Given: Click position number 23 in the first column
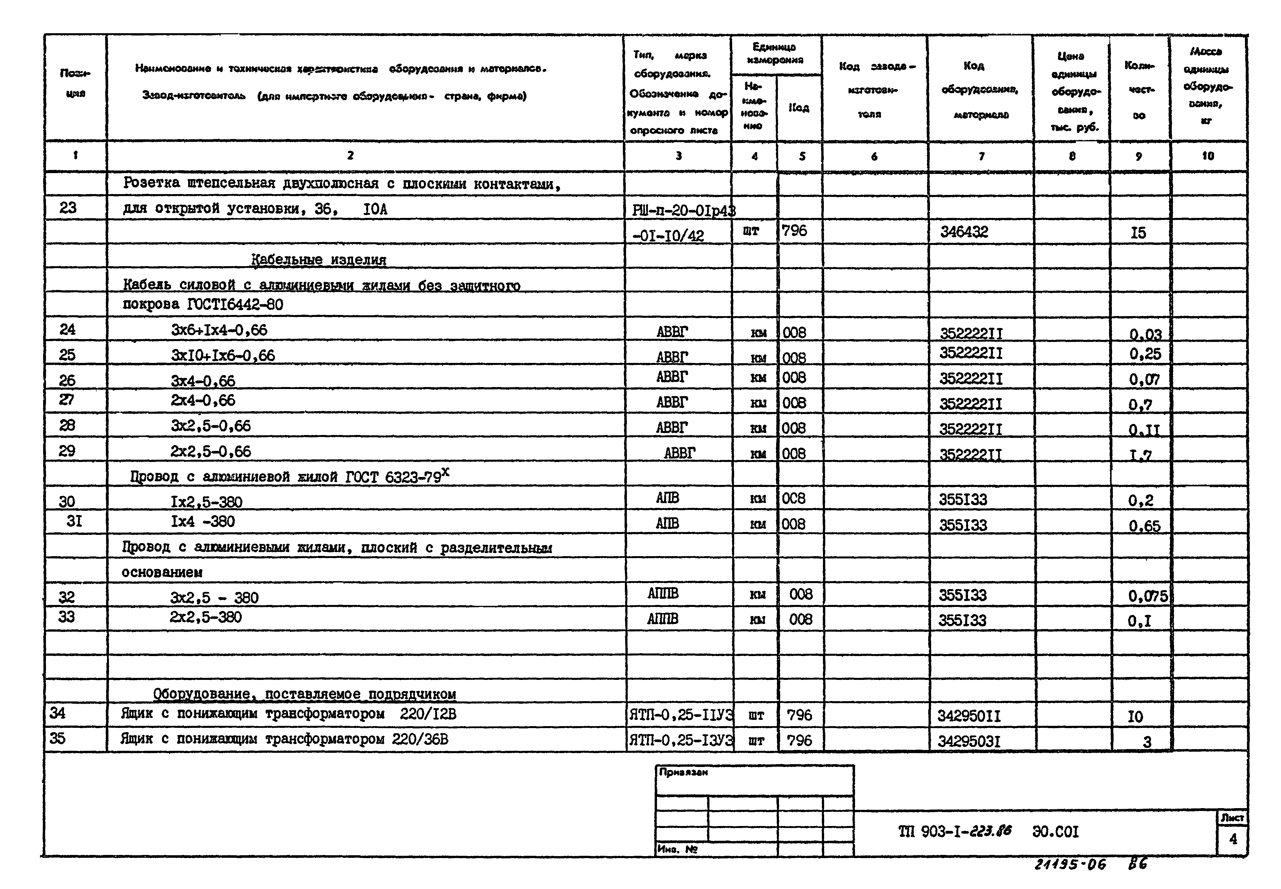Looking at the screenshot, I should click(x=67, y=208).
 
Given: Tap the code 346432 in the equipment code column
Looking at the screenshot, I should click(x=964, y=232).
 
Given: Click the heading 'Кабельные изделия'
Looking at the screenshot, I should click(x=319, y=260).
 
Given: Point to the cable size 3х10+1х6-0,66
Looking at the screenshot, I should click(x=223, y=355).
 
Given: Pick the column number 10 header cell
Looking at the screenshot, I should click(x=1207, y=156).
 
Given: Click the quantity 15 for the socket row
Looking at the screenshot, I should click(x=1138, y=233).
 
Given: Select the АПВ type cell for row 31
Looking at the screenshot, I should click(x=667, y=523).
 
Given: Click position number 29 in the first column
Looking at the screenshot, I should click(x=67, y=451).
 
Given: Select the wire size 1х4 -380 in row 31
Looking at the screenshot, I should click(x=203, y=521).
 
